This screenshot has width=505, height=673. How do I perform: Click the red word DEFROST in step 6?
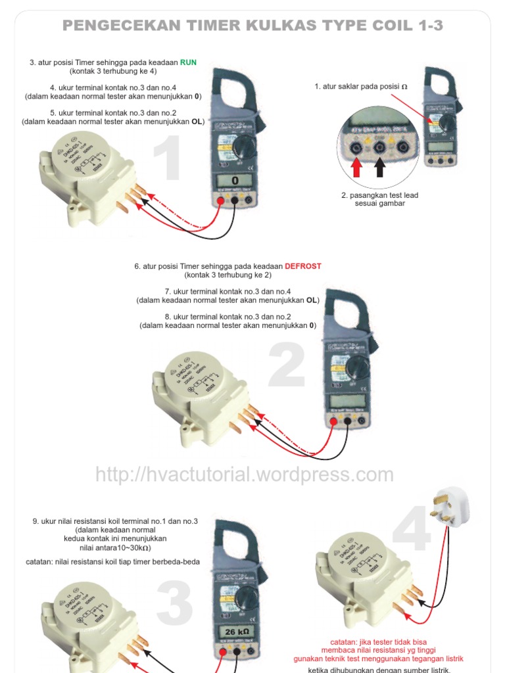pos(303,266)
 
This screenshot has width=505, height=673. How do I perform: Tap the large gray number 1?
pos(167,160)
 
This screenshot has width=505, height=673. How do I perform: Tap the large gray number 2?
pos(287,367)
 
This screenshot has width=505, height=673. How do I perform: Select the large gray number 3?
pos(174,604)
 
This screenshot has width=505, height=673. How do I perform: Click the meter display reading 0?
pos(234,180)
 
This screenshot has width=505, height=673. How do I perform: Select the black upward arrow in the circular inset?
pos(380,168)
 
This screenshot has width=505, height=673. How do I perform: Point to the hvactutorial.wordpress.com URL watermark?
pos(245,475)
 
